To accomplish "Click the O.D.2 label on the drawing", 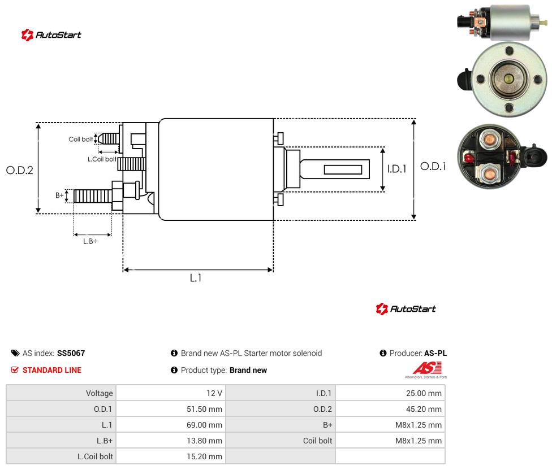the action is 20,170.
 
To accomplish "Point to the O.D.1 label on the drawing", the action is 433,166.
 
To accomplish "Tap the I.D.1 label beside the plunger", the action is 397,169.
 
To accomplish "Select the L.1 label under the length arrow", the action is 196,278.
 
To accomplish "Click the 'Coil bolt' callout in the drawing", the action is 81,139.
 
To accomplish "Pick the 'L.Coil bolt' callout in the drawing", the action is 102,159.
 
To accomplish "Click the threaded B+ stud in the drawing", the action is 93,196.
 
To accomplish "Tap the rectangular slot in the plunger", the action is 343,170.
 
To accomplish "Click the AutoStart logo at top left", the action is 51,35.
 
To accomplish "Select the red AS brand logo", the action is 426,370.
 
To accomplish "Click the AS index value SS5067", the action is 71,353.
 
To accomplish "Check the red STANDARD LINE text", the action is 52,370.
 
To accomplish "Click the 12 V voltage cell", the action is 171,393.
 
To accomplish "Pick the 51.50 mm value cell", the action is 171,409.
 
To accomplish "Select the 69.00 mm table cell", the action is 171,425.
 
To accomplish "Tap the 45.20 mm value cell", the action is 390,409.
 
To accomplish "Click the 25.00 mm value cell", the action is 390,393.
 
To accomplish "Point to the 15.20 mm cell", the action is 171,456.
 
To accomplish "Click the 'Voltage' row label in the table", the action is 100,393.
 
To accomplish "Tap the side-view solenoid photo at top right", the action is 502,21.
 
